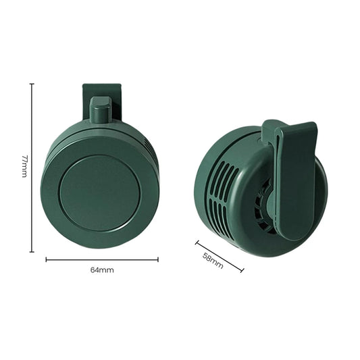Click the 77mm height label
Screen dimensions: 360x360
[24, 166]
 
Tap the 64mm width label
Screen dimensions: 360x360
[102, 270]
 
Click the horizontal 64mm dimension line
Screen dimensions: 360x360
[102, 259]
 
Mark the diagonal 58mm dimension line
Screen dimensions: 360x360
[220, 256]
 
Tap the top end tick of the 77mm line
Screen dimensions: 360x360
[32, 84]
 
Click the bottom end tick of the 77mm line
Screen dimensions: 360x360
[32, 252]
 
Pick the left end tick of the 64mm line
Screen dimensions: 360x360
[46, 259]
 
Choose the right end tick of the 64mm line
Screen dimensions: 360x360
[158, 259]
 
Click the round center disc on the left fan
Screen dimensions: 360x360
[99, 192]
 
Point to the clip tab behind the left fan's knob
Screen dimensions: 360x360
[101, 91]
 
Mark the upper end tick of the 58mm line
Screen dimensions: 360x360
[197, 242]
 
